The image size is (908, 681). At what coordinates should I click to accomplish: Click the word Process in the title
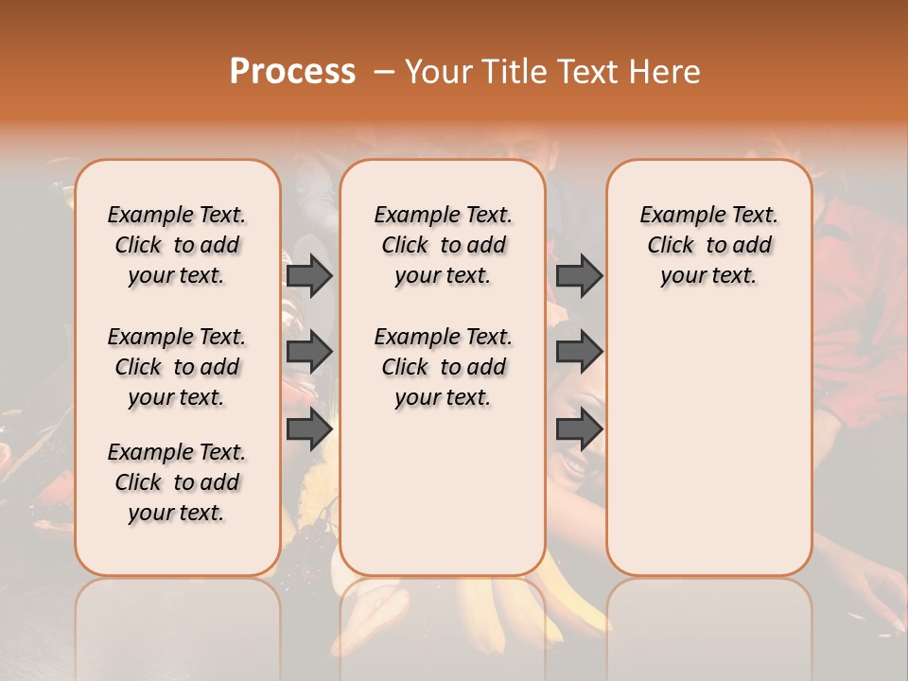pos(292,72)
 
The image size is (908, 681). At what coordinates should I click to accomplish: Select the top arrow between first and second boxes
pos(309,275)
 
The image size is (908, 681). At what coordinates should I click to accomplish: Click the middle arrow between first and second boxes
pos(309,352)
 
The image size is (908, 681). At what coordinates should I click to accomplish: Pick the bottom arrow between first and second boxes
pos(309,429)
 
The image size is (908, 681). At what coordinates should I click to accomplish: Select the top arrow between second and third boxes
pos(579,275)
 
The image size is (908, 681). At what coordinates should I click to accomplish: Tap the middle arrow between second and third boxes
pos(579,352)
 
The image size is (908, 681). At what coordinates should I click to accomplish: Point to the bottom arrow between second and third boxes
pos(579,429)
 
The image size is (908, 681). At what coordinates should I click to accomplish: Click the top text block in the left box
pos(177,245)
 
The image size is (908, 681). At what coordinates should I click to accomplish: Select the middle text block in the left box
pos(177,367)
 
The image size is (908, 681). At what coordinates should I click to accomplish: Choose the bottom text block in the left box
pos(177,482)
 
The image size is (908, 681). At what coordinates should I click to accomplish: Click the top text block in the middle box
pos(443,245)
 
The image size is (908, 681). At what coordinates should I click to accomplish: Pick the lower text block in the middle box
pos(443,367)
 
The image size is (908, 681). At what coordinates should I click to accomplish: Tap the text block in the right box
pos(708,245)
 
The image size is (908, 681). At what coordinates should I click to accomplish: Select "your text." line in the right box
pos(708,275)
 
